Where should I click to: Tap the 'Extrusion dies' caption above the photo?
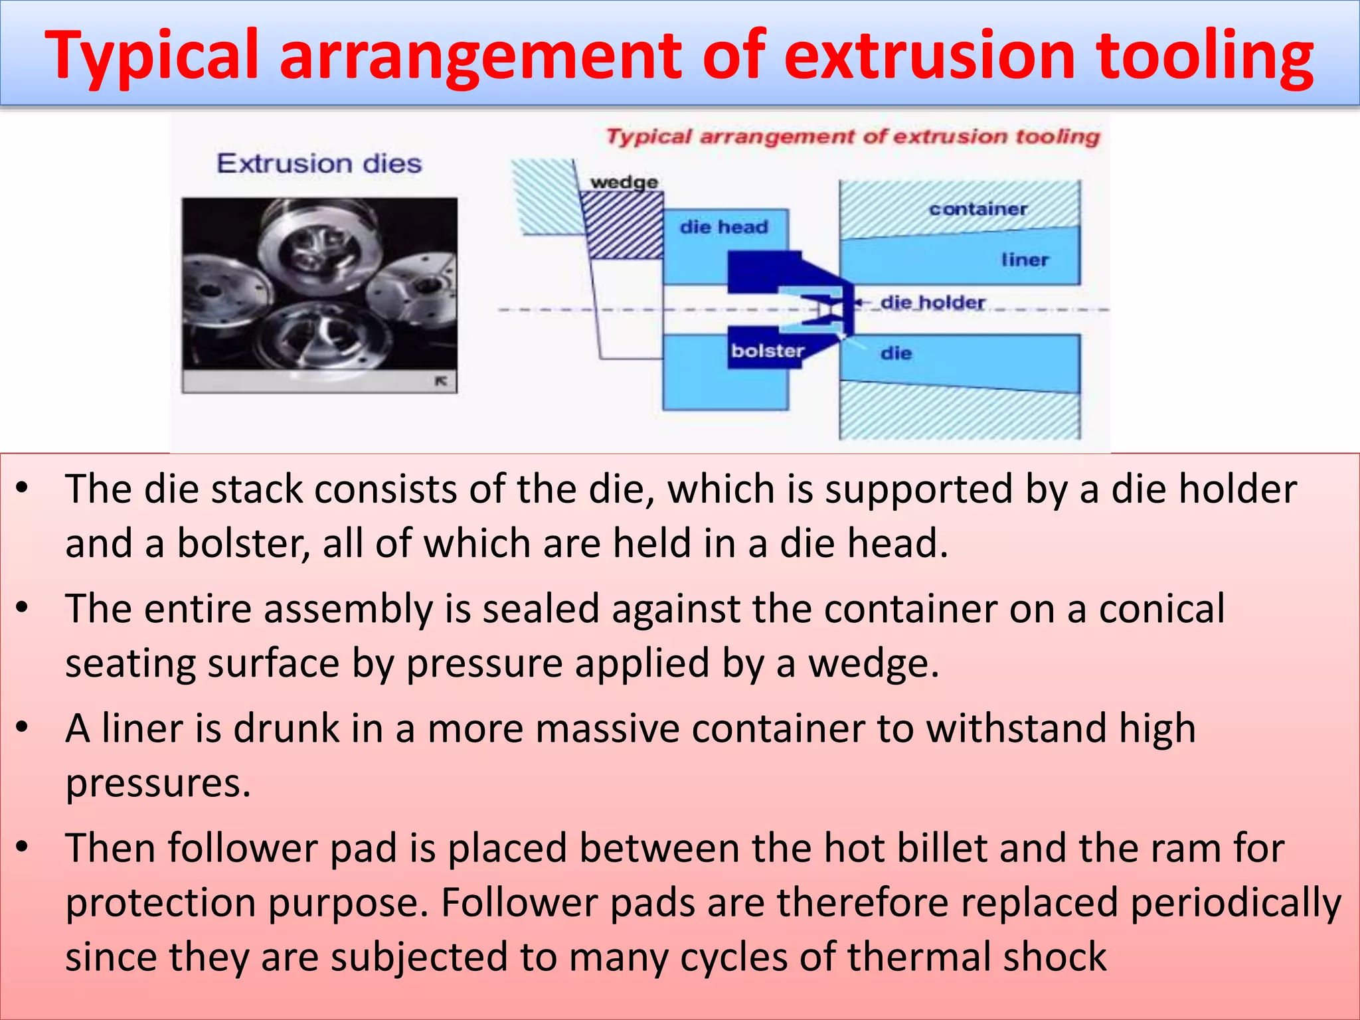[319, 163]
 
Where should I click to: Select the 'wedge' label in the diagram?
[624, 182]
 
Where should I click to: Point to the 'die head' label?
[724, 227]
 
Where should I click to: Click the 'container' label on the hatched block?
[977, 209]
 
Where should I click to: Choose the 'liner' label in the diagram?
[1025, 260]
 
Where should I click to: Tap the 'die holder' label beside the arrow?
[932, 303]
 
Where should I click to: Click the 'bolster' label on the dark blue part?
[767, 351]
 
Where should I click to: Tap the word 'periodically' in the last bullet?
[1235, 902]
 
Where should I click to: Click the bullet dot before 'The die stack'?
[23, 488]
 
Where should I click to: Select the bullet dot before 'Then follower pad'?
[23, 847]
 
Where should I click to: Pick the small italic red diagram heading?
[853, 137]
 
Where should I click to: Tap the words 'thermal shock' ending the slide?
[976, 957]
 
